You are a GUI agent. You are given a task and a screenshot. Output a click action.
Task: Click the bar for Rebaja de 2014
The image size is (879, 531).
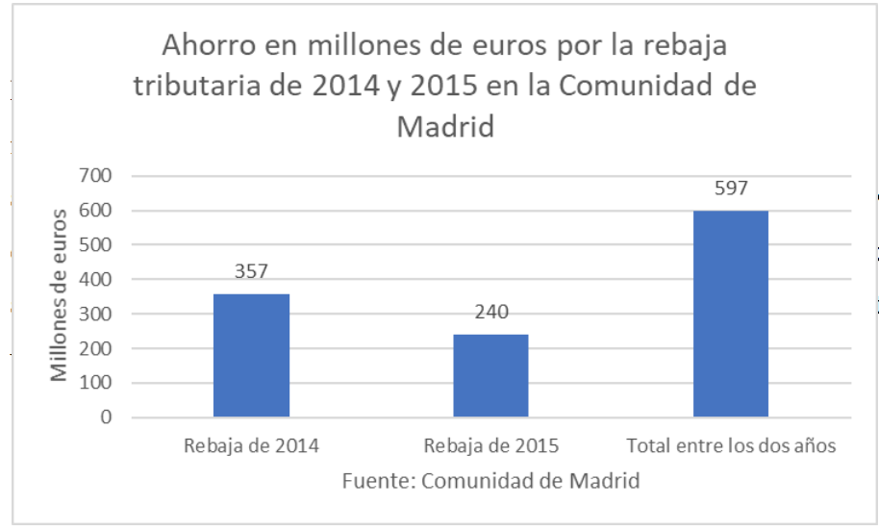click(x=251, y=355)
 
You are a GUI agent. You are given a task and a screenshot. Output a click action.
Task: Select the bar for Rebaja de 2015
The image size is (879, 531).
click(x=490, y=375)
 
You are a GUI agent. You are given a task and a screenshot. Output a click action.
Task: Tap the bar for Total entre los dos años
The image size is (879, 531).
click(x=731, y=314)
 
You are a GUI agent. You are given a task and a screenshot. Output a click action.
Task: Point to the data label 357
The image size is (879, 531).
click(x=252, y=272)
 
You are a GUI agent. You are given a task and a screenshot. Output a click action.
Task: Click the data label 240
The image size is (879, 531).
click(x=490, y=313)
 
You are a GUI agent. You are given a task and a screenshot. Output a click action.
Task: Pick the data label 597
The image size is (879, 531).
click(x=731, y=189)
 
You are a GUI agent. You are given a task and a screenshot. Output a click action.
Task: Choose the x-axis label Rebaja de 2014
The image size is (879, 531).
click(x=251, y=445)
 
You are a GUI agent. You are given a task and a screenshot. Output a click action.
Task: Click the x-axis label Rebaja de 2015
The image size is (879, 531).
click(x=490, y=445)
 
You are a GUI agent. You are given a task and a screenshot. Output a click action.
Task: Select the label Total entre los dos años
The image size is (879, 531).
click(x=731, y=445)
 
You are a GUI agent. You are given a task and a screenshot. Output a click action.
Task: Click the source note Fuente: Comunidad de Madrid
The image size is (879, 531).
click(x=490, y=479)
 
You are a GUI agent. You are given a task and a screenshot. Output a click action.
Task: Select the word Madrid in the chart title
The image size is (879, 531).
click(x=445, y=126)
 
